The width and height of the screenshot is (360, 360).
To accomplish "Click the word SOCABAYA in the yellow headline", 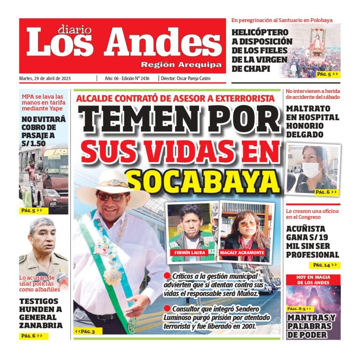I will (x=204, y=181).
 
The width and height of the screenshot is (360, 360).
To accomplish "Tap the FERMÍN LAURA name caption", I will (x=191, y=253).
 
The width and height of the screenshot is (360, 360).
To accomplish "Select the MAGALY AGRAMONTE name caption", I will (x=243, y=253).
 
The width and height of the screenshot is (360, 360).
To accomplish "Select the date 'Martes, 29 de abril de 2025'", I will (x=52, y=79).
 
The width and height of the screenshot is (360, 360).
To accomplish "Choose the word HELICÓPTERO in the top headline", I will (x=260, y=32).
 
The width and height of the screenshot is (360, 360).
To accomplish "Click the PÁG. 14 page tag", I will (x=325, y=265).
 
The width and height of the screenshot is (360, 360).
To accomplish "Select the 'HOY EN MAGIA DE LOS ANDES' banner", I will (x=313, y=280).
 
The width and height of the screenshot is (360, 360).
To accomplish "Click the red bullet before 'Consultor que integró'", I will (x=167, y=308).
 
